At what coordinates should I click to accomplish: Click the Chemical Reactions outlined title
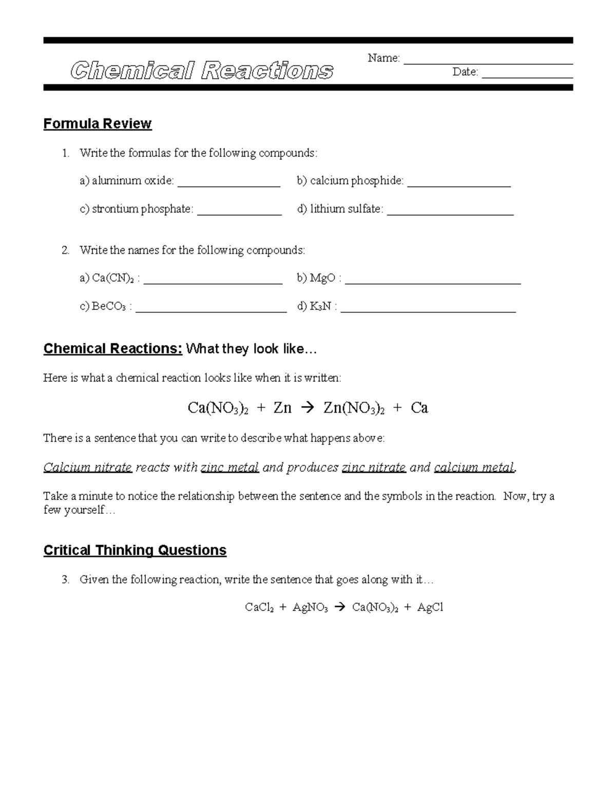point(202,71)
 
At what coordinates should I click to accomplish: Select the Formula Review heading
point(98,124)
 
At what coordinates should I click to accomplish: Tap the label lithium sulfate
point(346,209)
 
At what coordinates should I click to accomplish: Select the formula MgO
point(322,279)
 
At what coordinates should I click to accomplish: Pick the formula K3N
point(320,307)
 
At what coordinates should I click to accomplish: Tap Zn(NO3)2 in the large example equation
point(354,409)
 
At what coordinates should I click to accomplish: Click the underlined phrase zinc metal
point(229,468)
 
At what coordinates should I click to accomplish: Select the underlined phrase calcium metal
point(474,468)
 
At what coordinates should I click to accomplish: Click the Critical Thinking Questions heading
point(135,550)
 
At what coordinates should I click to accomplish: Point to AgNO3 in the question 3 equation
point(310,608)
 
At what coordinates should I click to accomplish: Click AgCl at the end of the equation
point(430,608)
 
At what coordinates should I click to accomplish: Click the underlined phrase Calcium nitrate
point(88,468)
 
